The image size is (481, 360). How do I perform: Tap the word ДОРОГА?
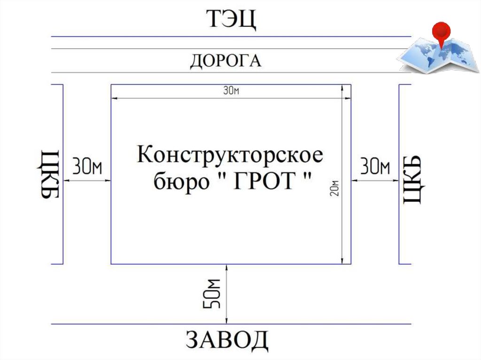point(225,61)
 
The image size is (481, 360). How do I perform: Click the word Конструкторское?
point(230,155)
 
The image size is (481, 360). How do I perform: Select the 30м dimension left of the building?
point(87,167)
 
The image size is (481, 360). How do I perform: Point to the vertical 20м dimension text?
point(335,188)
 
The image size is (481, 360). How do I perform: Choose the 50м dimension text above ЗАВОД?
point(213,294)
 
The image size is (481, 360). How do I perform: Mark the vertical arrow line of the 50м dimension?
point(227,294)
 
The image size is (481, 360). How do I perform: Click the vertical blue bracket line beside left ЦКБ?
point(63,174)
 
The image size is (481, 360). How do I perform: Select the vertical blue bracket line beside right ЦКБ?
point(399,174)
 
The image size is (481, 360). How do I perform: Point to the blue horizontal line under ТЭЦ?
point(230,36)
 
